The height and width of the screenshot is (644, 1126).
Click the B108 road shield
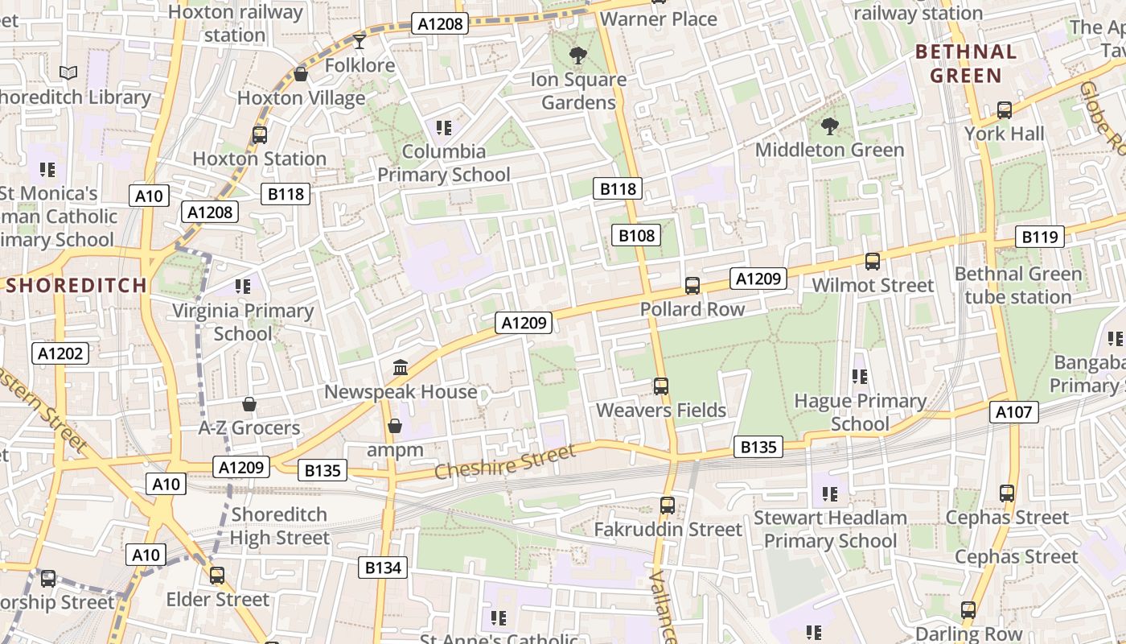(636, 235)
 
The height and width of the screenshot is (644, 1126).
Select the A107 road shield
(1013, 412)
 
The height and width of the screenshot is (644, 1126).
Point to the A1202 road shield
(61, 353)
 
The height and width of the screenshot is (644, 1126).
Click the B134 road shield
(383, 568)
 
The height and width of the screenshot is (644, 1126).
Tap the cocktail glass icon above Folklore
(360, 41)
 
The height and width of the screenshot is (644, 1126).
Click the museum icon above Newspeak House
(400, 368)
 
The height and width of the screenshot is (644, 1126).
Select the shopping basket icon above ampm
(395, 426)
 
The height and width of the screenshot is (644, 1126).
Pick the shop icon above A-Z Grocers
(249, 403)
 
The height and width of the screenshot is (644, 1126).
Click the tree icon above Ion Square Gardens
(577, 56)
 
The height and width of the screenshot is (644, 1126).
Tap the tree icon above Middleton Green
(829, 126)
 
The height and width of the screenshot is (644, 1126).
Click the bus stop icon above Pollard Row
(692, 285)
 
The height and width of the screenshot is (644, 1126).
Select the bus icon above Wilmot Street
(873, 261)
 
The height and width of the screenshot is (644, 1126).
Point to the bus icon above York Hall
(1004, 109)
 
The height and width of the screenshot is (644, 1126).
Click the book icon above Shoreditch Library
(68, 73)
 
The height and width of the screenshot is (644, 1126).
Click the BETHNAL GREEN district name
(965, 64)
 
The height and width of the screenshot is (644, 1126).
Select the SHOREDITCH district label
(77, 285)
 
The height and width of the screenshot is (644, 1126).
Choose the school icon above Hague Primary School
(859, 376)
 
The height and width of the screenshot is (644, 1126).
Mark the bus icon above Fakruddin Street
(667, 505)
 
